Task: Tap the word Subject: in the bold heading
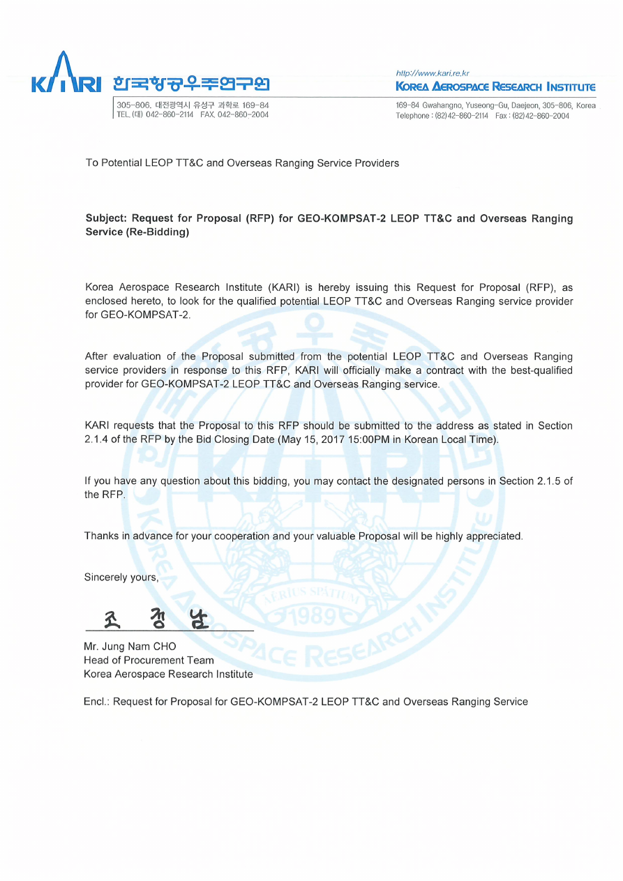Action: coord(106,218)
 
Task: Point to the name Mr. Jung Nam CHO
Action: coord(130,647)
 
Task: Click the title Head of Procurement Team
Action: coord(149,660)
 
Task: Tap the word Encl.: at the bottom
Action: coord(96,701)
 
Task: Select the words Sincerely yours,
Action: coord(121,578)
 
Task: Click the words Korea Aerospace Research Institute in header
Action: coord(495,87)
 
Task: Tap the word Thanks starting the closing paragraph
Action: coord(100,536)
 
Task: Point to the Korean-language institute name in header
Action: coord(190,84)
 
